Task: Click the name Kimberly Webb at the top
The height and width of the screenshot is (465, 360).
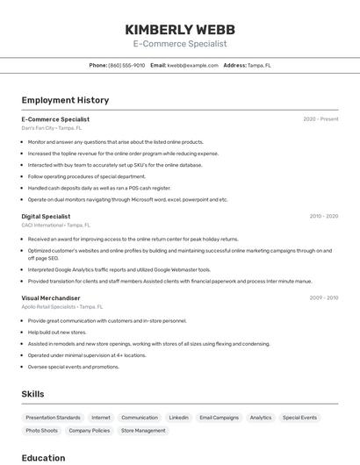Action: click(x=180, y=29)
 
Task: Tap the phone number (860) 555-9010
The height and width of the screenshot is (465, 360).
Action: click(x=126, y=65)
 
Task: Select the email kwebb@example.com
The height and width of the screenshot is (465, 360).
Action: click(x=192, y=65)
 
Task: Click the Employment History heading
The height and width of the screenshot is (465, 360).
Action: click(x=65, y=100)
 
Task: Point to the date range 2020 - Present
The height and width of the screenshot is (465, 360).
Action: click(x=320, y=118)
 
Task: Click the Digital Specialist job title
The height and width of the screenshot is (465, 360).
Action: click(x=46, y=216)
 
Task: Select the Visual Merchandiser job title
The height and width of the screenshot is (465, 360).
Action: click(x=51, y=297)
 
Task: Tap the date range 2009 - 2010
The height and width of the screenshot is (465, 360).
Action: click(x=323, y=297)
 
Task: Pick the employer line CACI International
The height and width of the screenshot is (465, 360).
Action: click(x=56, y=225)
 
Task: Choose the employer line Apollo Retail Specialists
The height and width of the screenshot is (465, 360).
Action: click(x=61, y=307)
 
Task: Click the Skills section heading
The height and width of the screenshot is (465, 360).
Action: click(x=32, y=394)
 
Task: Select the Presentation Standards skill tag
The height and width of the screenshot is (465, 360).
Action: click(x=53, y=418)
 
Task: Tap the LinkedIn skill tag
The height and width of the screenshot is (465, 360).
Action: click(x=178, y=418)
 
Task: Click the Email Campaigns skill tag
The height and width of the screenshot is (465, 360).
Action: click(x=219, y=418)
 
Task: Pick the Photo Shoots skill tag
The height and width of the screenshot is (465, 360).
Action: click(x=41, y=431)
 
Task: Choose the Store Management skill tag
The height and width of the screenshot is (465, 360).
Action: click(x=143, y=431)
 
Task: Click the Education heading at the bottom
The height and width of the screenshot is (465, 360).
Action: click(x=43, y=457)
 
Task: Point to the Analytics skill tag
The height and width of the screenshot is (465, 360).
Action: click(x=261, y=418)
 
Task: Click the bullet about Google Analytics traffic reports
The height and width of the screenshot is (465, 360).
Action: click(x=119, y=270)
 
